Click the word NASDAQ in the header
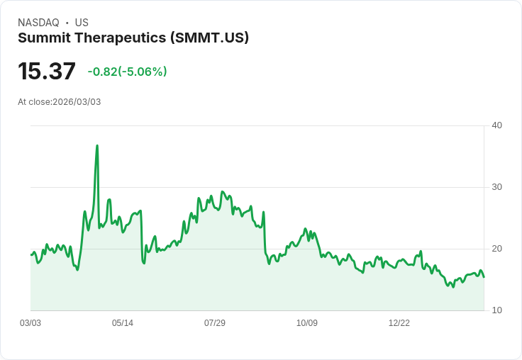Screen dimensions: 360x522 click(38, 23)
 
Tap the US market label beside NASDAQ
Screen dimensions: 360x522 click(82, 23)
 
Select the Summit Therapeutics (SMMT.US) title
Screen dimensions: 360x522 click(133, 38)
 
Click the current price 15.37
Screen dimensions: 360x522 click(47, 72)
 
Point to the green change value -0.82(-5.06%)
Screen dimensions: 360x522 click(127, 72)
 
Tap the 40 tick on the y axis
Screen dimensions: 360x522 click(497, 125)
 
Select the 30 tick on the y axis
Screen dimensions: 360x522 click(497, 187)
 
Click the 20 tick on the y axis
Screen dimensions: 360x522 click(497, 249)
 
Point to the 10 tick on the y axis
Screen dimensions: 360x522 click(497, 310)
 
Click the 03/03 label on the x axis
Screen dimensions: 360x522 click(30, 323)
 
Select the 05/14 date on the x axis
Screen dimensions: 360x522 click(123, 323)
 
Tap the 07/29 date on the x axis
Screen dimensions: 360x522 click(215, 323)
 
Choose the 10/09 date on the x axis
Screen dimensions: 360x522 click(307, 323)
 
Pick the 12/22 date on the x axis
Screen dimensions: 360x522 click(399, 323)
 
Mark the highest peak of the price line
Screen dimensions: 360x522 click(97, 146)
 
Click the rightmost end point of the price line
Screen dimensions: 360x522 click(484, 276)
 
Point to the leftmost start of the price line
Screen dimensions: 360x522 click(31, 255)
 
